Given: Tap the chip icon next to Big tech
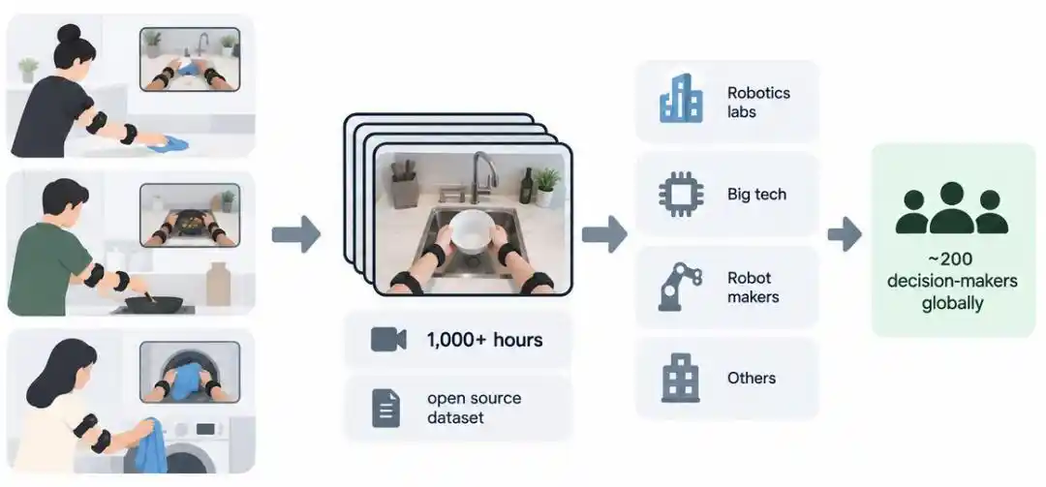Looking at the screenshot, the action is point(681,195).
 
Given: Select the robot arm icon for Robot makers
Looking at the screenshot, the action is point(680,287).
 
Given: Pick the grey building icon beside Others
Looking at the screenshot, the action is point(681,378).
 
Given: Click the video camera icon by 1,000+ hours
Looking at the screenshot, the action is point(388,340).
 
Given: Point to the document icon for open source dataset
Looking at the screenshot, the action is point(386,409).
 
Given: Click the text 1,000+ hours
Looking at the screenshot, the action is point(484,340).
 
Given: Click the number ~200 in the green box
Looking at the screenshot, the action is point(952,259).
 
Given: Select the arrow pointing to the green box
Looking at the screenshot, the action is point(845,234).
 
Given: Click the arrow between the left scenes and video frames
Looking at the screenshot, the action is point(296,234).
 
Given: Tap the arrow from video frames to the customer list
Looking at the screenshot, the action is point(604,234).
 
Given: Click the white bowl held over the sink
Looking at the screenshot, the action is point(472,230).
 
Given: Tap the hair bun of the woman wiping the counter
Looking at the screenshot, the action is point(69,33).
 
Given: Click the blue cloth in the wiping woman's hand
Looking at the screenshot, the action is point(169,144).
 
